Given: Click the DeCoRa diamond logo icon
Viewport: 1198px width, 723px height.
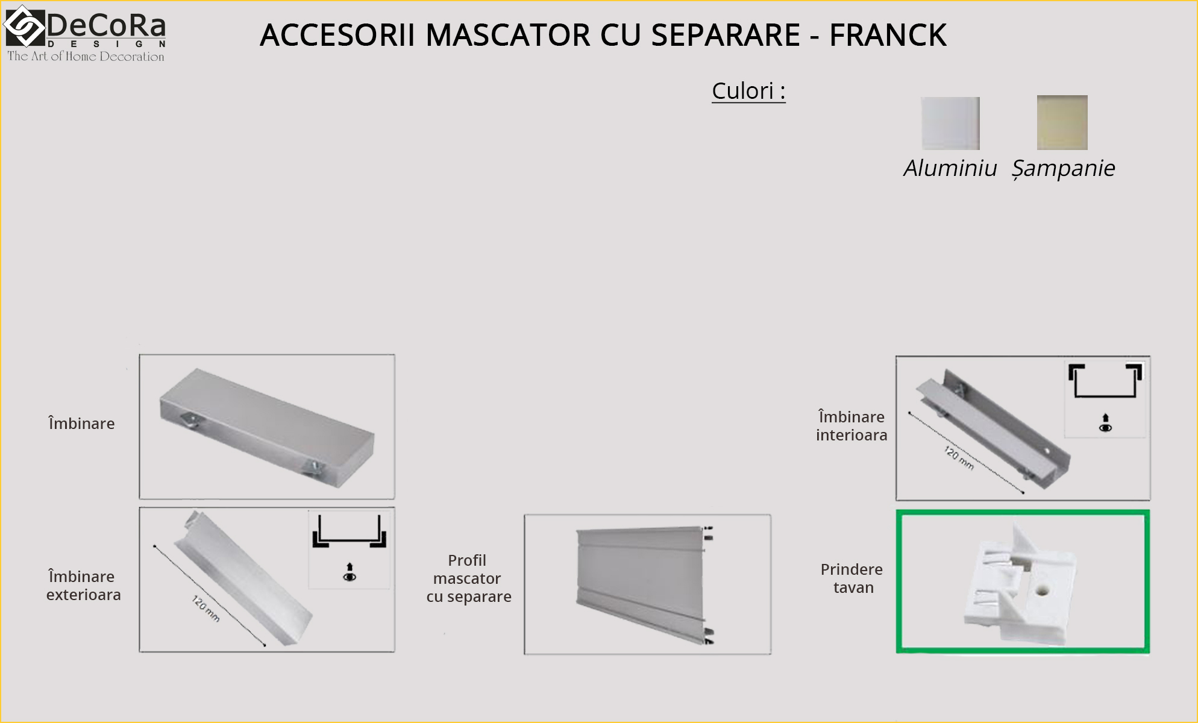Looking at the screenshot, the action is click(25, 26).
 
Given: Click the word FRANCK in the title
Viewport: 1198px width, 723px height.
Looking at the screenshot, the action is click(888, 35).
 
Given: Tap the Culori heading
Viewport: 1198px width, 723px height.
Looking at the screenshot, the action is click(748, 91).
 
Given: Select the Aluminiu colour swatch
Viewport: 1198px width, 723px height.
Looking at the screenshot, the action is click(950, 123).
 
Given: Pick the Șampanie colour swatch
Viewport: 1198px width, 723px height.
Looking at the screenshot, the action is click(1062, 122).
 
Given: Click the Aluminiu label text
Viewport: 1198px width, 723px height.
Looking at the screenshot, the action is click(950, 168).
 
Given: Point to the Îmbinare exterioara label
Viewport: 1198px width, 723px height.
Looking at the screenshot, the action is click(83, 585).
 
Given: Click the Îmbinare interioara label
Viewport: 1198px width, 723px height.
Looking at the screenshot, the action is click(851, 425).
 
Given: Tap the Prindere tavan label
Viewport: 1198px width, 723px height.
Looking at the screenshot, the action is click(851, 578).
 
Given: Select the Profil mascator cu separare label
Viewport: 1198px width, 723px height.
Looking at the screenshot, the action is click(468, 578).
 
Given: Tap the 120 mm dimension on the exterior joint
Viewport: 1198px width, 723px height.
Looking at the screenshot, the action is click(205, 609).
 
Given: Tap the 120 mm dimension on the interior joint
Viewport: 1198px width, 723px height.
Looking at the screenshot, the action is click(959, 458).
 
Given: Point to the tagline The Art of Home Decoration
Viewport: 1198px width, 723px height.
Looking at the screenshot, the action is click(86, 57).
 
